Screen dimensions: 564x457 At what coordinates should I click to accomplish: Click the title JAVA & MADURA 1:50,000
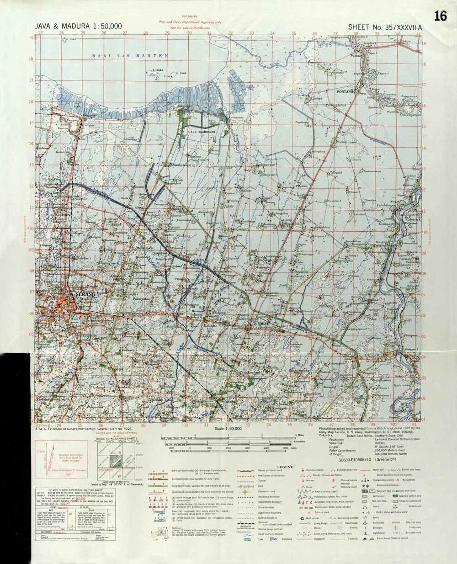(x=78, y=27)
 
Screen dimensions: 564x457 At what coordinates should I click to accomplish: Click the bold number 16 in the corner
(x=440, y=16)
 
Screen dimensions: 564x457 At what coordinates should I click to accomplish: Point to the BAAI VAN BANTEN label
(x=130, y=56)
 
